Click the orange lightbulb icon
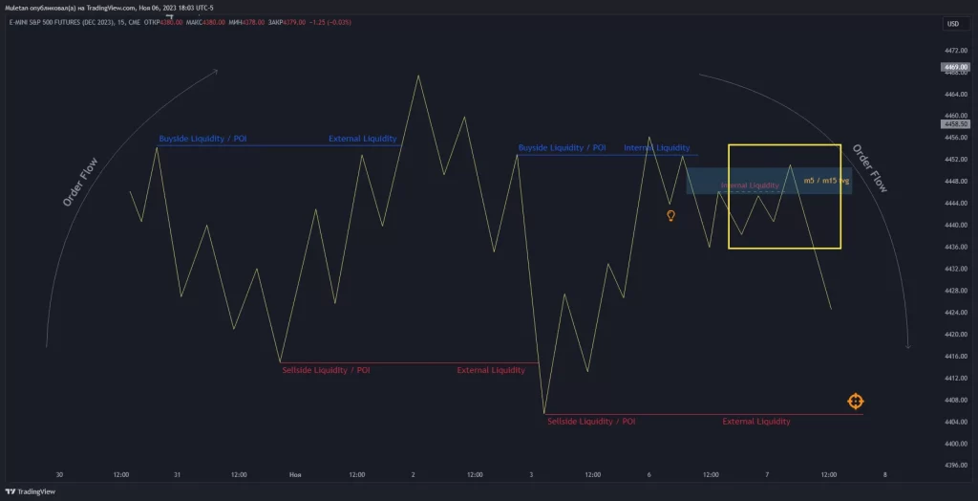click(x=670, y=216)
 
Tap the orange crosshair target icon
click(x=855, y=401)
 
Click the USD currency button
click(x=952, y=23)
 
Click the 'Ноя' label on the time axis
click(x=296, y=474)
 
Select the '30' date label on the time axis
click(x=59, y=474)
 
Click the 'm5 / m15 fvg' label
click(x=826, y=180)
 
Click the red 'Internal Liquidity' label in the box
click(x=750, y=185)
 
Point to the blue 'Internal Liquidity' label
click(x=656, y=148)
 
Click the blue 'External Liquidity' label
click(x=362, y=139)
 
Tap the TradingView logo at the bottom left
click(x=30, y=491)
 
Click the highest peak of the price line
click(x=417, y=76)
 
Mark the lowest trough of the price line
click(x=544, y=413)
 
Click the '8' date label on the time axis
click(x=885, y=474)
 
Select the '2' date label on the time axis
click(x=413, y=474)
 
